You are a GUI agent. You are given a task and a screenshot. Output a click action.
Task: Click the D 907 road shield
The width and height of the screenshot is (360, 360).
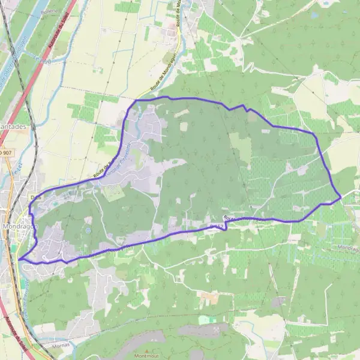pyautogui.click(x=6, y=153)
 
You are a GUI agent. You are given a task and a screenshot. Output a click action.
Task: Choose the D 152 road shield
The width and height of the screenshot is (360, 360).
pyautogui.click(x=217, y=226)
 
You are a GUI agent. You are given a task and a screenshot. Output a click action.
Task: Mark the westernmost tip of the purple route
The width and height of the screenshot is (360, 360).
pyautogui.click(x=19, y=259)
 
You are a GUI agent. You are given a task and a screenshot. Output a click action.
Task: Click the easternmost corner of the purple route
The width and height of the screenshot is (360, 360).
pyautogui.click(x=341, y=196)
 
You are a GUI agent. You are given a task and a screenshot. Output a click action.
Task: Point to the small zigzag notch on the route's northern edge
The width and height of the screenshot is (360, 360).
pyautogui.click(x=243, y=107)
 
